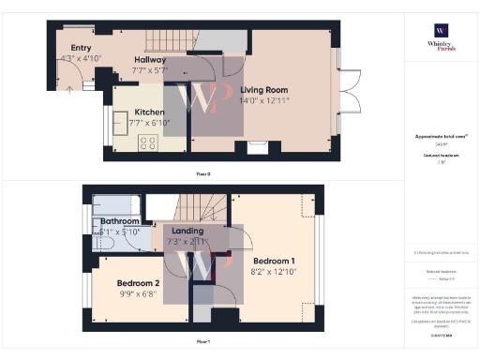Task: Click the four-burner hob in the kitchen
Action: coord(147,142)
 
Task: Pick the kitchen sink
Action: coord(119,122)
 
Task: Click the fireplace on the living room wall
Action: coord(258,146)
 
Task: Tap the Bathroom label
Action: coord(120,221)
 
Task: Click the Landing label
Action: coord(183,231)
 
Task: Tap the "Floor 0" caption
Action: coord(203,172)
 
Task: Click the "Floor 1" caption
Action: coord(203,342)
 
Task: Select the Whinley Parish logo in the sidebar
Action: coord(439,37)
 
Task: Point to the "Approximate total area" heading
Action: coord(439,137)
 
